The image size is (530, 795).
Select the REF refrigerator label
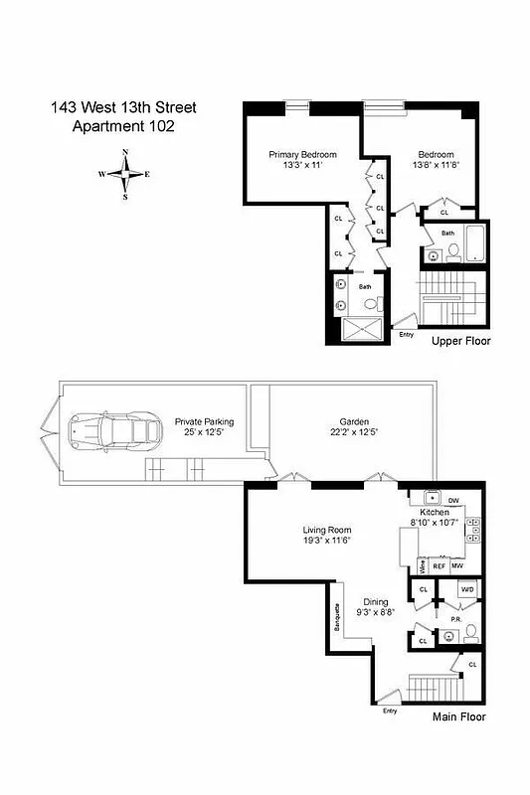click(x=438, y=565)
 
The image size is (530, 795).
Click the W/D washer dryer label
click(x=466, y=589)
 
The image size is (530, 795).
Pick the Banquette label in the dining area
click(x=337, y=621)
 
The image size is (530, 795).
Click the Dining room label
click(x=375, y=602)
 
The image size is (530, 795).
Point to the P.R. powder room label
click(x=455, y=618)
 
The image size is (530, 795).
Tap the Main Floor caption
click(x=459, y=715)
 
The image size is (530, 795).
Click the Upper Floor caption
click(x=460, y=341)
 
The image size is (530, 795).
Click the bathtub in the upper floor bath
click(x=475, y=241)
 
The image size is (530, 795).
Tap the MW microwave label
click(x=456, y=565)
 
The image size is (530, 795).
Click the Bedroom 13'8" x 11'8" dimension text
click(x=436, y=165)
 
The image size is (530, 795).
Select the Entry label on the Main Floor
click(x=389, y=711)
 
